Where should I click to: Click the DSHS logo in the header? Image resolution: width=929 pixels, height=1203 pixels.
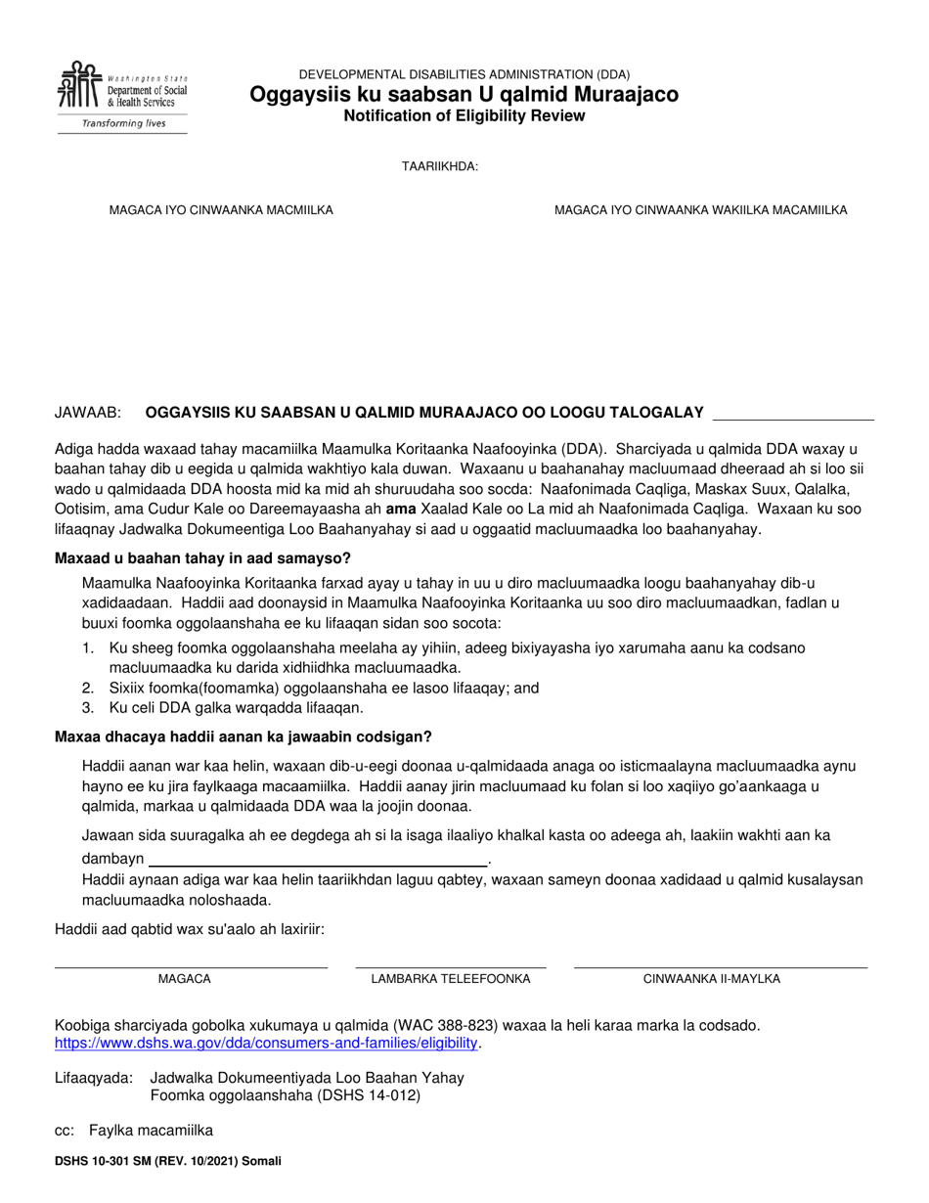click(121, 88)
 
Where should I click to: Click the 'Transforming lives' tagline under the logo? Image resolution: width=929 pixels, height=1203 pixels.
click(122, 123)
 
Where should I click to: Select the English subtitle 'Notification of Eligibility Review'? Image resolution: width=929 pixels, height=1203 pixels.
click(464, 116)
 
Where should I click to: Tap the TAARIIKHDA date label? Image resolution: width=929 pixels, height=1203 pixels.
click(439, 167)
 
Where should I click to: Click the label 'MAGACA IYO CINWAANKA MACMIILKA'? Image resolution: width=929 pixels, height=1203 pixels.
click(221, 210)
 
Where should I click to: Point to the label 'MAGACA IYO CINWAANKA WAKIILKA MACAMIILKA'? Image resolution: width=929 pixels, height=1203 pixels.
click(700, 210)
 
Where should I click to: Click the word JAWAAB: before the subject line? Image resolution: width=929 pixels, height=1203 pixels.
click(88, 413)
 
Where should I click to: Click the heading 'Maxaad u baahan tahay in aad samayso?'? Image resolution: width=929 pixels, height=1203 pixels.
click(202, 559)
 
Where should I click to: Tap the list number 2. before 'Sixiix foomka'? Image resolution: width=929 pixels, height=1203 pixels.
click(88, 689)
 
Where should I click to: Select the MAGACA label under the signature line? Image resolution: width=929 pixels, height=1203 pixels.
click(184, 979)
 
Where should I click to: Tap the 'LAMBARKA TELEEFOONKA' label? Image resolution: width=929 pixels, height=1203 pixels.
click(450, 979)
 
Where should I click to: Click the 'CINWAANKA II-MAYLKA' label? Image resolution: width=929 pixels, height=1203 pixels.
click(711, 979)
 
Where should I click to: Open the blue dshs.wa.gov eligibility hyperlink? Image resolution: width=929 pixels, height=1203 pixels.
click(266, 1044)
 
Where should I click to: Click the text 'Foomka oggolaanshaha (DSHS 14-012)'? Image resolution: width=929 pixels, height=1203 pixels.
click(286, 1095)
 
